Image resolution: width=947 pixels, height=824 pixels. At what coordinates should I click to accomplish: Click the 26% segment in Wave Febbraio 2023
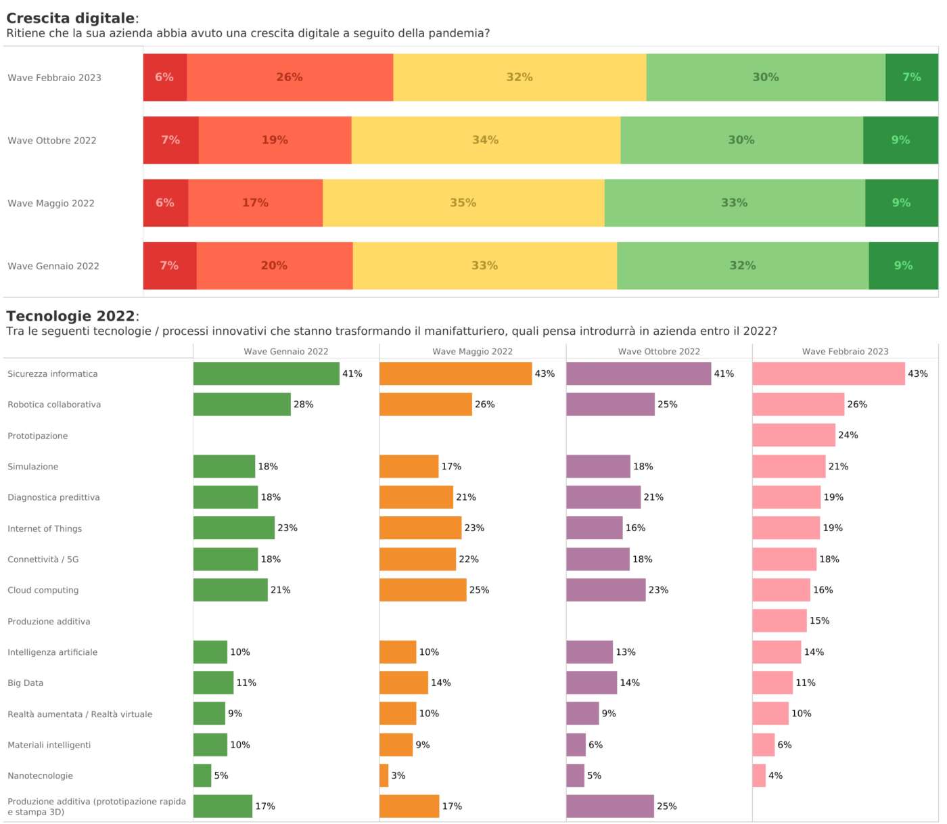290,77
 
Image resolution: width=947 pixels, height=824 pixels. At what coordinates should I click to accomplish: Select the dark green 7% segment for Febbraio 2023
911,77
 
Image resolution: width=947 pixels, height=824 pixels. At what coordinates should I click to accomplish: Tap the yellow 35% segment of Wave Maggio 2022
463,203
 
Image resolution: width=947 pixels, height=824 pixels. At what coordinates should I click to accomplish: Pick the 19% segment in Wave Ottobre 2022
275,140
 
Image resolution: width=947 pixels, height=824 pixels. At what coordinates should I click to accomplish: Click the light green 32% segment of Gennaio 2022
742,266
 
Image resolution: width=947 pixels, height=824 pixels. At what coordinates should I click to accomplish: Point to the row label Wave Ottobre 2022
52,141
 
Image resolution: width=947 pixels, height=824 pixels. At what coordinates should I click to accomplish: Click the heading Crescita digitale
70,18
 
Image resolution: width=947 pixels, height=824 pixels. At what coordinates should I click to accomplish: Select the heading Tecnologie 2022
70,316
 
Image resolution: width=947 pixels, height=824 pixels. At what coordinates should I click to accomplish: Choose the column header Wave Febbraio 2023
845,351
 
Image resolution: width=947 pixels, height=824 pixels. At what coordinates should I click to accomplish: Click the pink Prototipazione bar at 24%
793,435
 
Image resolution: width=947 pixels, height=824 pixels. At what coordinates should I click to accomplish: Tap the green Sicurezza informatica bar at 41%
266,373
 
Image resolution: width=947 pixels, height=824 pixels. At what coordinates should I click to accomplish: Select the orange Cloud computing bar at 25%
423,590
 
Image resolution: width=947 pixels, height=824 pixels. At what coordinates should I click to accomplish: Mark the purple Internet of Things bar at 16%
594,528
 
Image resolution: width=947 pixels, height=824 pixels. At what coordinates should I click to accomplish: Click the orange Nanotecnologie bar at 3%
384,775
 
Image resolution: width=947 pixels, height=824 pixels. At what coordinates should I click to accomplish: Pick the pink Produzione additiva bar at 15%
779,620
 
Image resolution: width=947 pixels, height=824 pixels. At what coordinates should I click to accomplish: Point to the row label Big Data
26,683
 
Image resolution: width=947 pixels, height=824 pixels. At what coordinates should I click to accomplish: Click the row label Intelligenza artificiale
53,652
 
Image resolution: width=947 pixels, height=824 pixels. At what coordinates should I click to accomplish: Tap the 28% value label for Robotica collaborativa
303,405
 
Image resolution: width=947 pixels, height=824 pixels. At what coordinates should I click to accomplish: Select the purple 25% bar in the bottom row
609,806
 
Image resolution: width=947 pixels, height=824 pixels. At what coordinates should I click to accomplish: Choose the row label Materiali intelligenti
49,745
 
